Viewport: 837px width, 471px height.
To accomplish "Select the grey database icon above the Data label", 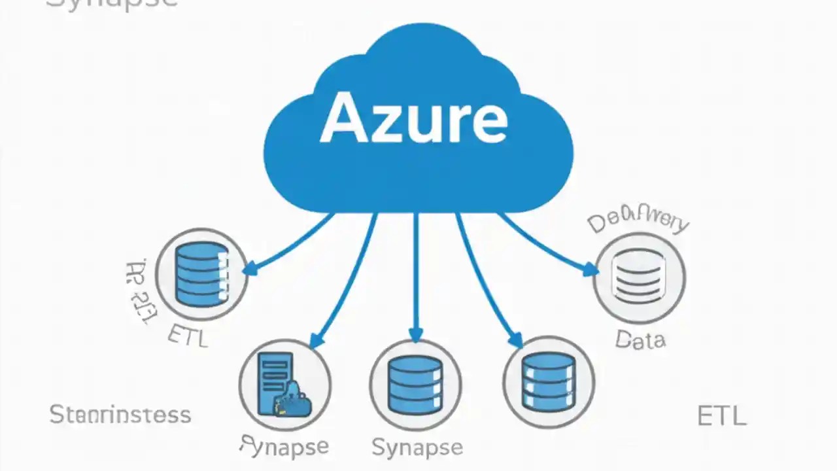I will (639, 278).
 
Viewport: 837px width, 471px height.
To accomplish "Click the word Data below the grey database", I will (640, 340).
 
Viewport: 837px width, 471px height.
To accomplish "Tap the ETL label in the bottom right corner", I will (721, 416).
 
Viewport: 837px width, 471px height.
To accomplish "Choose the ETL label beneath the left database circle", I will (188, 336).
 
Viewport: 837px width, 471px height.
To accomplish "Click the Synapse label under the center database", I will (417, 447).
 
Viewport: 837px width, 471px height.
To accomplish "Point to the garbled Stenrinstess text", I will (120, 415).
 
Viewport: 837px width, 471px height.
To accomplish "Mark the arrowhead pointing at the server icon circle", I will (316, 341).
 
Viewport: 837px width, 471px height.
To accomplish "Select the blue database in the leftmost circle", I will (202, 274).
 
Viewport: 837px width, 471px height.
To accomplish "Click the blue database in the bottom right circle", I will (549, 382).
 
